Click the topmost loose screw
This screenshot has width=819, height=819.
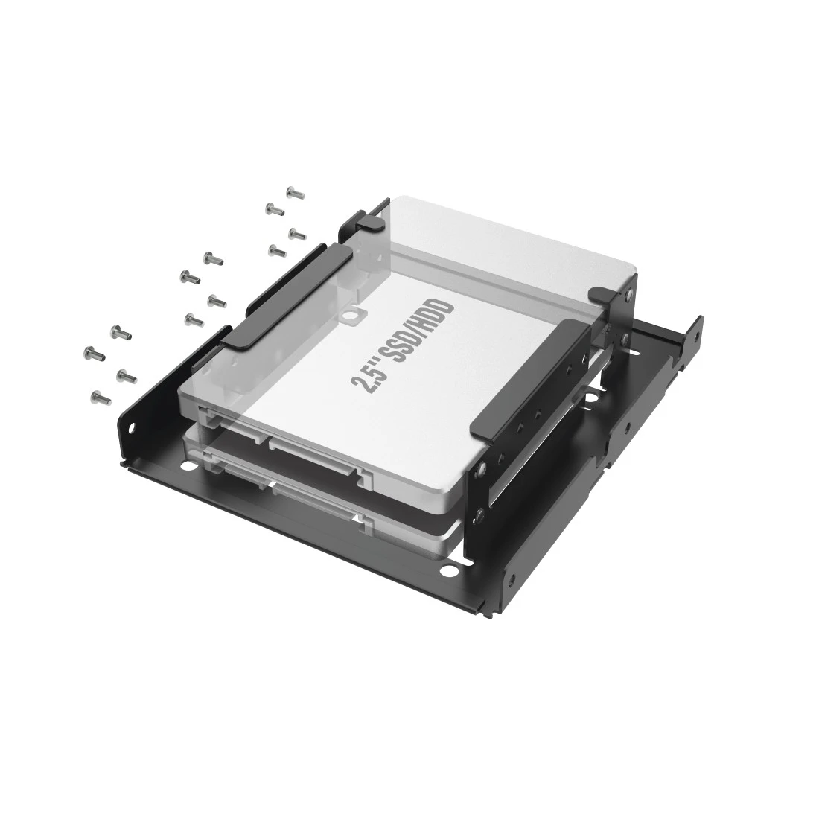[296, 194]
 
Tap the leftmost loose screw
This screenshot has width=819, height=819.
[94, 354]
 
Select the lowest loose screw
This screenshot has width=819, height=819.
[101, 398]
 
